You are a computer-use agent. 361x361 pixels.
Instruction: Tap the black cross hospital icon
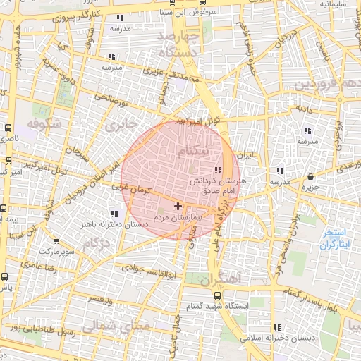[177, 207]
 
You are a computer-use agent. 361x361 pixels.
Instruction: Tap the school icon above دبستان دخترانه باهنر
[114, 214]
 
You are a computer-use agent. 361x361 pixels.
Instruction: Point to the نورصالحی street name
[113, 97]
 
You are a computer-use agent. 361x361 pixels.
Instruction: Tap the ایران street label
[244, 153]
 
